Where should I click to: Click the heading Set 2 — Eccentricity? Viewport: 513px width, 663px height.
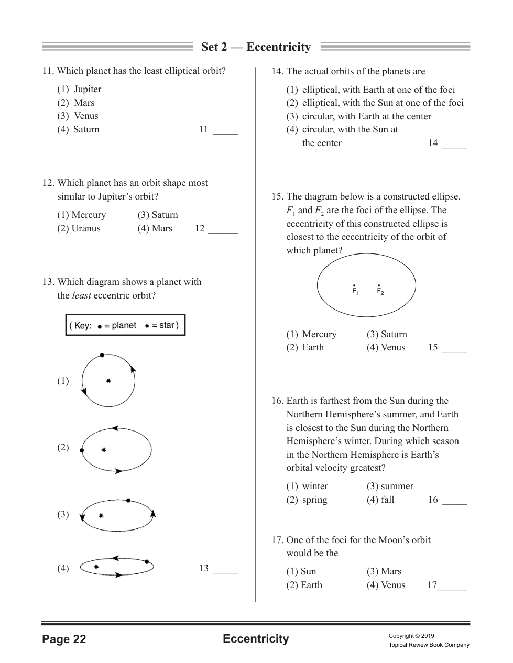256,47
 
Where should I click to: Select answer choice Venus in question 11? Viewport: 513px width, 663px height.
85,116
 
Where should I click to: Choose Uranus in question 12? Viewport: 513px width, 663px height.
86,228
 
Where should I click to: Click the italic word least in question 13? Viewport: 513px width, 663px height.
81,295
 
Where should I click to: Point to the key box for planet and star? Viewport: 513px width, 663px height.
125,325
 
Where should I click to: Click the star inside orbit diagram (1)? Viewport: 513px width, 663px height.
108,381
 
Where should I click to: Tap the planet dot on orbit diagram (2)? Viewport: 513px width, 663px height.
82,450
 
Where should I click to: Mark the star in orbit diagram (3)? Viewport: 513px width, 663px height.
101,516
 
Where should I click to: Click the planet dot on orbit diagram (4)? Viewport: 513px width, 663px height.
147,562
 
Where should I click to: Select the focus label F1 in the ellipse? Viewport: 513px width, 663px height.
355,291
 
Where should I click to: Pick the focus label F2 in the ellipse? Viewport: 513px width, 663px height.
380,291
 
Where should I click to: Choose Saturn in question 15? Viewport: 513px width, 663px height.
394,334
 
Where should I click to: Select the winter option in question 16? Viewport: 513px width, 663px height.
314,486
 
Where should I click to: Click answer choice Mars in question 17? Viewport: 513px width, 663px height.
391,571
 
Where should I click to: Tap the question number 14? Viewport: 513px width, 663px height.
277,71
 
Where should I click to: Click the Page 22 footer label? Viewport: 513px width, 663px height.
64,639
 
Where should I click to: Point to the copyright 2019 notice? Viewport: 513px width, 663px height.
411,636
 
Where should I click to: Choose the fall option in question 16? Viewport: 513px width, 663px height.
387,500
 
